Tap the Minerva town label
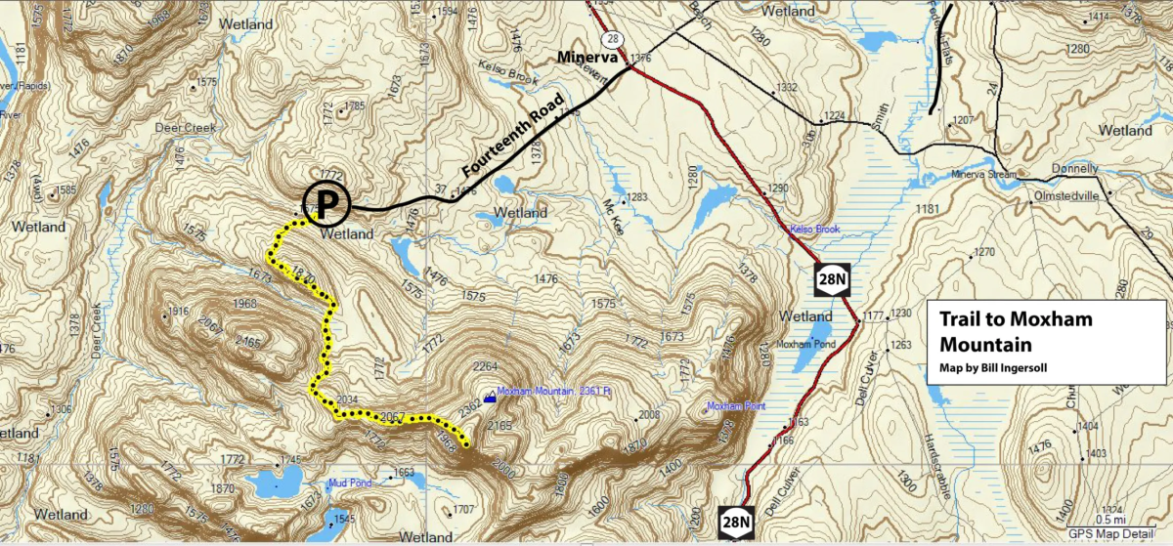588,57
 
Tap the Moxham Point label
737,405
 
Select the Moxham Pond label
802,346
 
